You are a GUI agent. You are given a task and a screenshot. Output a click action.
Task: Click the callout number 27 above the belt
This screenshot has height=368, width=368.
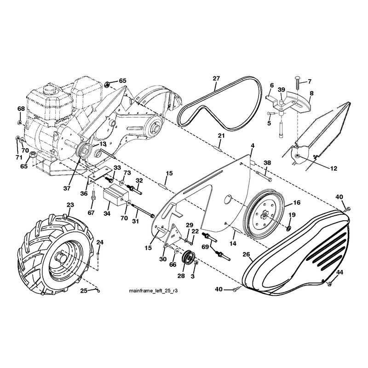(x=216, y=78)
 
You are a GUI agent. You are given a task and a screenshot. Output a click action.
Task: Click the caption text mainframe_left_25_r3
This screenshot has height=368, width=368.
(x=153, y=291)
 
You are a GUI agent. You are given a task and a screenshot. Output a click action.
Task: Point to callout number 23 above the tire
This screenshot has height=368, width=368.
(x=70, y=205)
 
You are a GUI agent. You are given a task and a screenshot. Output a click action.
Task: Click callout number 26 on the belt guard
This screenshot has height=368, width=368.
(x=246, y=254)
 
